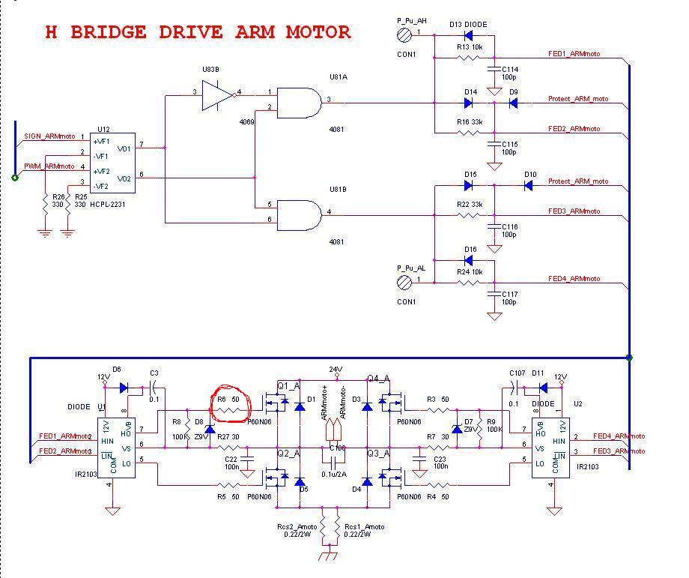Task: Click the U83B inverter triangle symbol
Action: tap(218, 95)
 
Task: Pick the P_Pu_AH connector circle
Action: tap(405, 34)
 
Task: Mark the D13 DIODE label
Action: tap(468, 25)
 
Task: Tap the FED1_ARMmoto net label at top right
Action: tap(574, 54)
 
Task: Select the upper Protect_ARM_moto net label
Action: tap(577, 99)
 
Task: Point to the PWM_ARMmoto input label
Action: tap(49, 166)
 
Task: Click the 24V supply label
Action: tap(335, 369)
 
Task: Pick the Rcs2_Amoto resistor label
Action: tap(293, 527)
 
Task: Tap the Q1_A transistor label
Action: tap(288, 386)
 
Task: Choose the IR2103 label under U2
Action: tap(587, 467)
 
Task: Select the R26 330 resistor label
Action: tap(58, 200)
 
